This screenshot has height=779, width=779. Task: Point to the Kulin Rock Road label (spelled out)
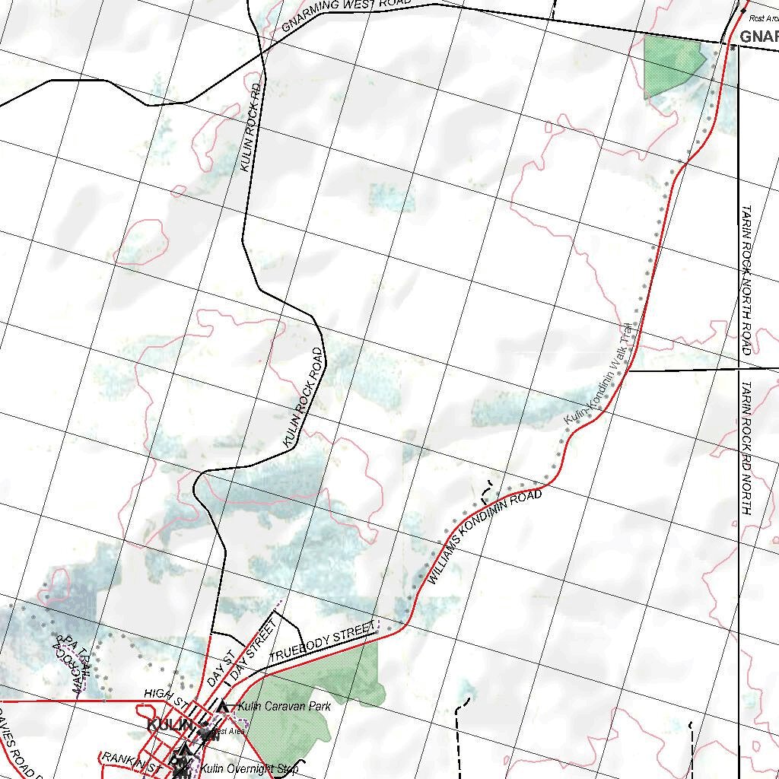coord(304,397)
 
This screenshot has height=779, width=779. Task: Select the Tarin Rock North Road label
coord(746,280)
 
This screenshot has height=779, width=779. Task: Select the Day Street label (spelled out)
coord(253,651)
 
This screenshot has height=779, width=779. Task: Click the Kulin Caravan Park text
coord(284,707)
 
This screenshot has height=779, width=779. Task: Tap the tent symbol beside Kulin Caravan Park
coord(223,707)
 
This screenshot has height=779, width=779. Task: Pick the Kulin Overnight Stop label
coord(250,769)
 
